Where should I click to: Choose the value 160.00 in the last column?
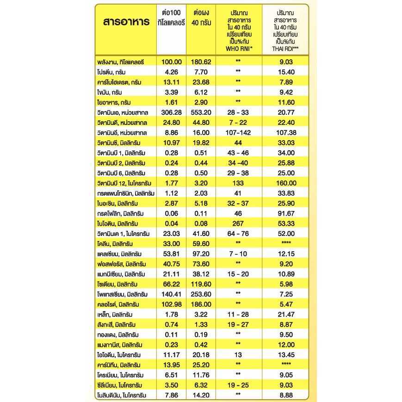(x=285, y=183)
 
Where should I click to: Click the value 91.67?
(x=285, y=213)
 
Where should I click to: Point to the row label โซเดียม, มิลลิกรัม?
(x=119, y=284)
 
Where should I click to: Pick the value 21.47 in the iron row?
(x=285, y=314)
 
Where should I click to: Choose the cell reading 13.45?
(x=285, y=354)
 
